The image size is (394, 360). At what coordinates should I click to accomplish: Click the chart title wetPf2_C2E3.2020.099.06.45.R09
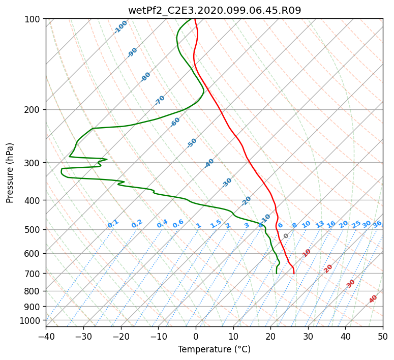(215, 10)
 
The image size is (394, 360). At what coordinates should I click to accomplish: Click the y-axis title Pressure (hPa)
(10, 173)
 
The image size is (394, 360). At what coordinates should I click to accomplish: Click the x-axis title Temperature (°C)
(215, 349)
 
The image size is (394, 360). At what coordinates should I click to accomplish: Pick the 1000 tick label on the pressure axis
(32, 320)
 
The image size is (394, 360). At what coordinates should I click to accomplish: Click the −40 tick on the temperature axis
(46, 336)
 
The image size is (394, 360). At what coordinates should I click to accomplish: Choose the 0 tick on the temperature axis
(196, 336)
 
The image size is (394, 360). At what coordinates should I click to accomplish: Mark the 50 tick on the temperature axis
(383, 336)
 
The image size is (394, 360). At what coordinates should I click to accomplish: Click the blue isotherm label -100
(121, 27)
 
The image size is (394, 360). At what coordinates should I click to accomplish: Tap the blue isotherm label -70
(160, 100)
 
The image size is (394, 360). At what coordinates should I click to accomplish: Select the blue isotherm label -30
(227, 183)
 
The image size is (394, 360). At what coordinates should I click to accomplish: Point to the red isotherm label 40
(373, 299)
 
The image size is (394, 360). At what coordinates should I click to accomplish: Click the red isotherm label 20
(328, 269)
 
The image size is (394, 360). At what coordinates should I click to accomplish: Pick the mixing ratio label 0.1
(113, 224)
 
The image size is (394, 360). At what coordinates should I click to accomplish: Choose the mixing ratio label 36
(377, 224)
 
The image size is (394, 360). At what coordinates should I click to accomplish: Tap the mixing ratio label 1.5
(216, 224)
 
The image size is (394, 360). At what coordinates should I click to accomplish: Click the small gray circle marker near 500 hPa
(286, 236)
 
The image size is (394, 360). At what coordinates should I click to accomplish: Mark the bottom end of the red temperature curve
(294, 274)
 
